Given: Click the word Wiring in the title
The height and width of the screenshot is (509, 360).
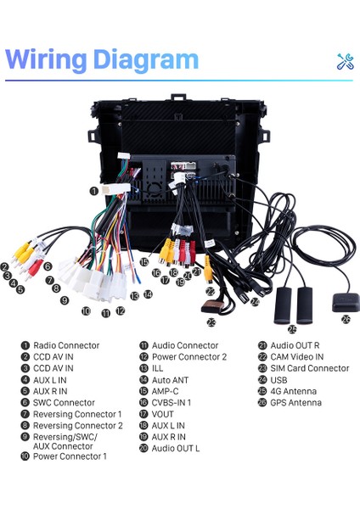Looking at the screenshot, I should coord(49,59).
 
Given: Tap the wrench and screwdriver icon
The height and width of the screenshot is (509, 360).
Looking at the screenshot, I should coord(345,61).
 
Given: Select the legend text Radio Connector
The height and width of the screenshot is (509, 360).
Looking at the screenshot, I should coord(65,345).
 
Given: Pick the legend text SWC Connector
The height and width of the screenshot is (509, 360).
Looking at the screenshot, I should coord(63,402).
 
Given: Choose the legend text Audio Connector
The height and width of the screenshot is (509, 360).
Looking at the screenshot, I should coord(185,345).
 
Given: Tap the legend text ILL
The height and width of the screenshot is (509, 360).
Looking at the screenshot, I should coord(158,368).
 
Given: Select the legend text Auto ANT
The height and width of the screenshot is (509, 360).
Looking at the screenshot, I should coord(170,379).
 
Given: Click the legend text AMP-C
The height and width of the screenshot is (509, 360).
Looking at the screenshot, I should coord(167,391).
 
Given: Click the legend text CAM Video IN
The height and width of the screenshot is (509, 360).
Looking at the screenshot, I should coord(297,357).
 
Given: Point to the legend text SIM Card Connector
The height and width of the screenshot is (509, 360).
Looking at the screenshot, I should coord(310,368).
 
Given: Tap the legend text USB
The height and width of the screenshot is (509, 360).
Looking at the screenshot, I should coord(279,379).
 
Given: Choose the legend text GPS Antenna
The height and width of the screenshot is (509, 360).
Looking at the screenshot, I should coord(296,402).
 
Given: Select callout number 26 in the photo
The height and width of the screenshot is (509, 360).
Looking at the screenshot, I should coord(345,319).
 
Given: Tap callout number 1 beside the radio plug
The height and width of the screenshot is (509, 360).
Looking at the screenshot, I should coord(93,192).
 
